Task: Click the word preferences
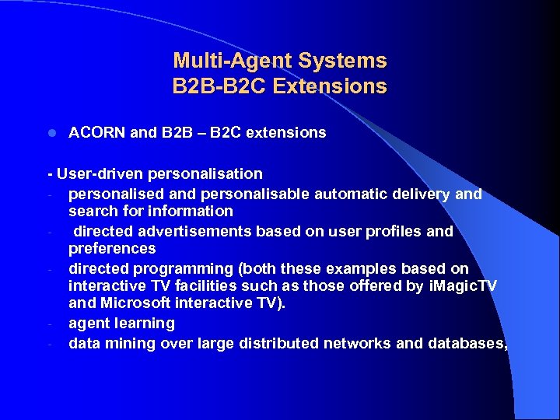tap(112, 248)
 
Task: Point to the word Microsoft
tap(133, 303)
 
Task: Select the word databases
tap(467, 343)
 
